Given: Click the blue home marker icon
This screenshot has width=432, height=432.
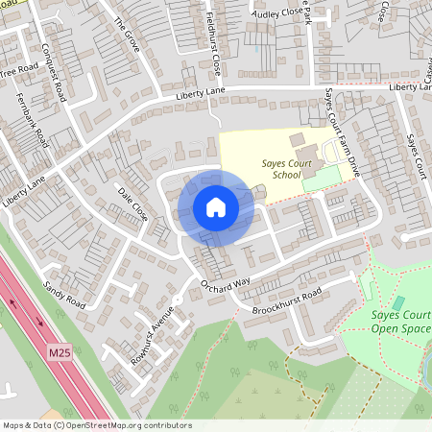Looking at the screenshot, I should point(216,207).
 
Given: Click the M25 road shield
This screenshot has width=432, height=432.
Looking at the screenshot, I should point(60,354).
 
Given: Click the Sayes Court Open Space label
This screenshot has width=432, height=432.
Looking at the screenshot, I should point(400,322).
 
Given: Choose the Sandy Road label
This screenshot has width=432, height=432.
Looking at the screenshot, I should point(64,296).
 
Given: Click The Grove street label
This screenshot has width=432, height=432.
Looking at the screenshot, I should point(126,34).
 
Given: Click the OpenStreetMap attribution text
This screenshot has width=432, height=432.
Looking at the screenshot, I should point(96,424).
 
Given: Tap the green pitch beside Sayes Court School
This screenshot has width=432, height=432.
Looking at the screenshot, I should point(322,179).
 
